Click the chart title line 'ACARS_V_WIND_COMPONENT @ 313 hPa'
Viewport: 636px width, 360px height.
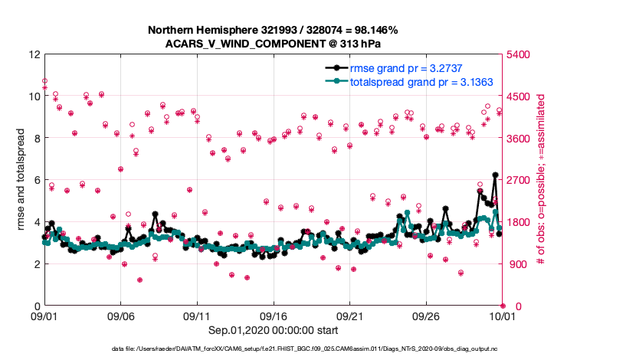click(273, 44)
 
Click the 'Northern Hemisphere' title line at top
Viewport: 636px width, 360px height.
click(273, 30)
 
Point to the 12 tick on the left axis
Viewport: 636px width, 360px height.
click(33, 55)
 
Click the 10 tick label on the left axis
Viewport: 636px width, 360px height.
click(33, 97)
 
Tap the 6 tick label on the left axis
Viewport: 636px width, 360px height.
click(36, 181)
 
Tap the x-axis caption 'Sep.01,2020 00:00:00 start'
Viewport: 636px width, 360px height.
click(273, 330)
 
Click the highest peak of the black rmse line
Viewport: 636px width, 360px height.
click(495, 175)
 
